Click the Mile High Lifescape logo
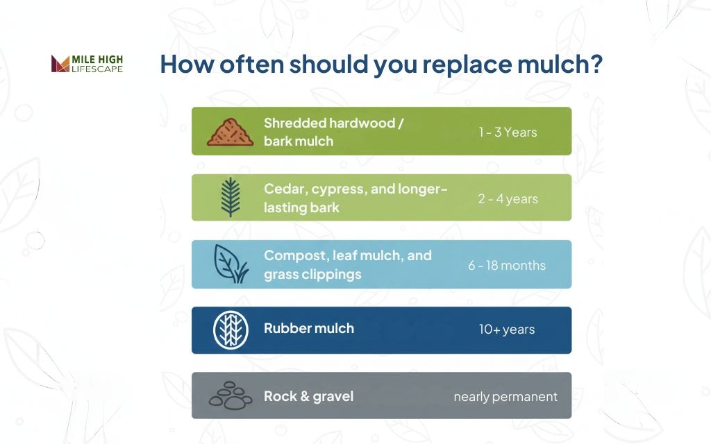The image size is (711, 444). pyautogui.click(x=87, y=64)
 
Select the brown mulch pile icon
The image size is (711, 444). pyautogui.click(x=230, y=131)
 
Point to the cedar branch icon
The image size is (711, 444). pyautogui.click(x=230, y=198)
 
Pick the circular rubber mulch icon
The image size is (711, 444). pyautogui.click(x=230, y=329)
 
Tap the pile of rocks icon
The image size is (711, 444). pyautogui.click(x=230, y=395)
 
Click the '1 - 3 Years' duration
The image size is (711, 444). pyautogui.click(x=508, y=132)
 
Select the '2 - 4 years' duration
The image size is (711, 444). pyautogui.click(x=508, y=198)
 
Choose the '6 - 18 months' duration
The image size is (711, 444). pyautogui.click(x=507, y=265)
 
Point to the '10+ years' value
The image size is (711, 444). pyautogui.click(x=507, y=330)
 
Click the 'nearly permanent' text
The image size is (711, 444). pyautogui.click(x=505, y=397)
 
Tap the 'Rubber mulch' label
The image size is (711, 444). pyautogui.click(x=309, y=328)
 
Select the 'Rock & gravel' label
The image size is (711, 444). pyautogui.click(x=309, y=396)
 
